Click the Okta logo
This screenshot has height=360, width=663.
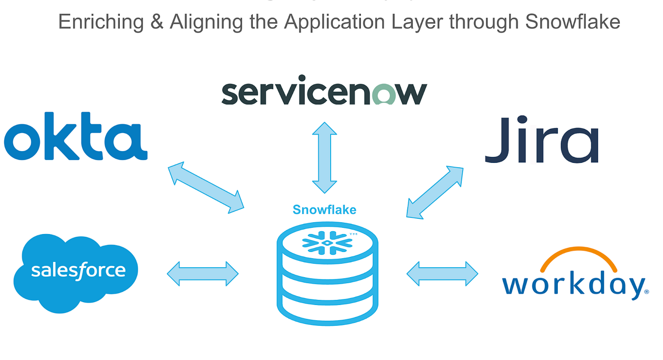(x=76, y=136)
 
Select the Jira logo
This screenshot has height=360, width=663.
(x=542, y=140)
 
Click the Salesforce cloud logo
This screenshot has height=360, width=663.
(x=76, y=272)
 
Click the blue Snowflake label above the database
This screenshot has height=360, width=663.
(x=324, y=209)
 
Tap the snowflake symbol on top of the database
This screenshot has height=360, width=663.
(x=327, y=242)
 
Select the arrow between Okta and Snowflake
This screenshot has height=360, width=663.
(x=206, y=188)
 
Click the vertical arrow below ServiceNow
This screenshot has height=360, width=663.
(x=324, y=157)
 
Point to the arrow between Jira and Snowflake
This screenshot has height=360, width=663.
(x=435, y=192)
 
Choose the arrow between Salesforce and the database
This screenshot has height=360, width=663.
(x=203, y=274)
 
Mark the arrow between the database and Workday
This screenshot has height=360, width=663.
(x=442, y=274)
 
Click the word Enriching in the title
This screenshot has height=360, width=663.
(x=101, y=22)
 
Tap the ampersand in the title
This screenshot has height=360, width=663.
(x=157, y=22)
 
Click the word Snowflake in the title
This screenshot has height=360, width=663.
(x=573, y=22)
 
